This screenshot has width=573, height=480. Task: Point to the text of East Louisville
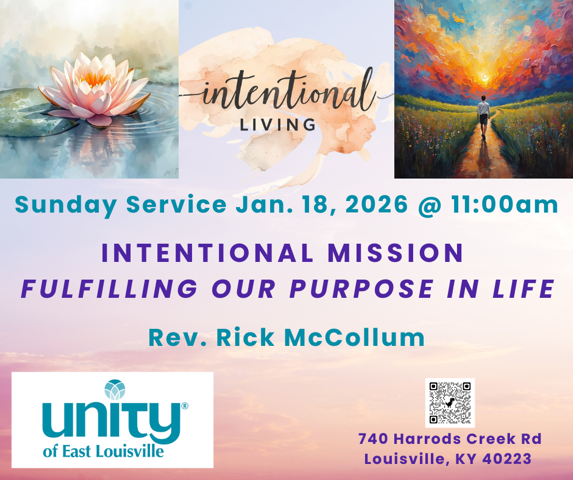[103, 451]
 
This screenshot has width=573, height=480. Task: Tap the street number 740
[376, 439]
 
